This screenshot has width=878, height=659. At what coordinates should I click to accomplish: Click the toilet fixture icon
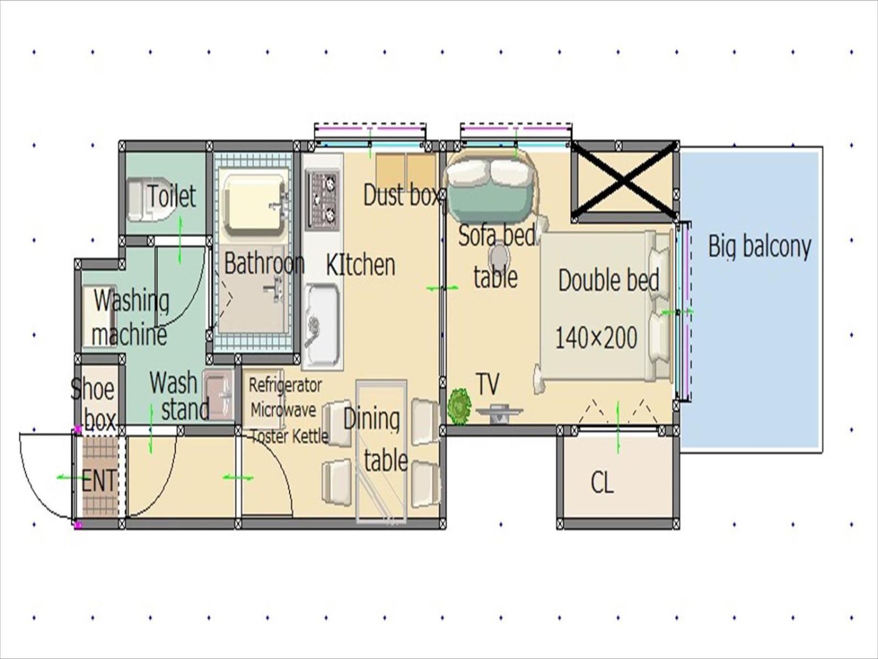(149, 200)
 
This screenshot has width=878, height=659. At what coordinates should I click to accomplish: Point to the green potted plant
(459, 406)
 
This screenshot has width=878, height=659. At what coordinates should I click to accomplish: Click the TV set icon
(499, 412)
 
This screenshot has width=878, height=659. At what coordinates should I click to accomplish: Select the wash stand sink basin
(218, 394)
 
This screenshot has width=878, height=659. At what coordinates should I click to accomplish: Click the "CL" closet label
(602, 483)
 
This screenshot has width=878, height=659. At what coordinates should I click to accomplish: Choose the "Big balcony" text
(759, 247)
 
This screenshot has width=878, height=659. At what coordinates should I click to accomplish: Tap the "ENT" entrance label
(99, 481)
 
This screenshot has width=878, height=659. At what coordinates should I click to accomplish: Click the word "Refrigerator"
(285, 386)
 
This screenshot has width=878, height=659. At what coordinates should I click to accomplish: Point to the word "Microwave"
(283, 410)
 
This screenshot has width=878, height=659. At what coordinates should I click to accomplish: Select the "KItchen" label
(361, 265)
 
